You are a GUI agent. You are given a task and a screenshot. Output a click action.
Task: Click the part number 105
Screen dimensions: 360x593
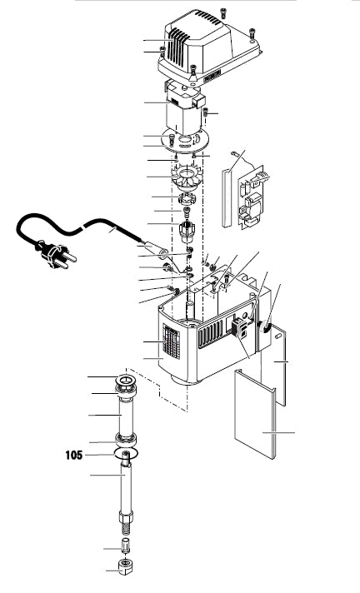(74, 455)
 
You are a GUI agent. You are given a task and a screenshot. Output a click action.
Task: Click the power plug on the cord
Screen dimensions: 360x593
(57, 256)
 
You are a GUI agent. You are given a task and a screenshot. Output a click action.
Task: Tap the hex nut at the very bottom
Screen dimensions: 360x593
(126, 566)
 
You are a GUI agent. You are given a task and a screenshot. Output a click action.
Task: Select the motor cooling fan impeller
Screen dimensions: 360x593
(187, 178)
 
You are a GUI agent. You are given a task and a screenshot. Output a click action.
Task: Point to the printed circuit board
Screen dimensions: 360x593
(251, 197)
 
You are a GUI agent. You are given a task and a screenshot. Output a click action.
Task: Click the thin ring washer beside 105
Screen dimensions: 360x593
(126, 453)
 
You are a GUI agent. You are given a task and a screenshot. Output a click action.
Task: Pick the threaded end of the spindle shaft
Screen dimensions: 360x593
(126, 528)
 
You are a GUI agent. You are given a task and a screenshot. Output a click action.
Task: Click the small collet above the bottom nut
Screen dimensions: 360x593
(126, 545)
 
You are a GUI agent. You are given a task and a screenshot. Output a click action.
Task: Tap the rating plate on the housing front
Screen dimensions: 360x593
(171, 341)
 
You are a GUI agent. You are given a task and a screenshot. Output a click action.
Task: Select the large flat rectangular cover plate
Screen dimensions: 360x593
(255, 414)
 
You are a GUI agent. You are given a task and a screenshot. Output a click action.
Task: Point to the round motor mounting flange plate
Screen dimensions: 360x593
(185, 140)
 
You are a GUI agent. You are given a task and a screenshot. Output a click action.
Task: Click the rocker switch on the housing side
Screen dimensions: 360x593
(238, 326)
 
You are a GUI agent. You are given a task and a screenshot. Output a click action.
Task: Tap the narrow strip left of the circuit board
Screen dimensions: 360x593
(227, 198)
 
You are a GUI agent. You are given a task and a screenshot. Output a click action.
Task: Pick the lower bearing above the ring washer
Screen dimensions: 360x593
(126, 439)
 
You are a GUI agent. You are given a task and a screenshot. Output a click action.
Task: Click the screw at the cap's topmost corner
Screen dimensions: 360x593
(223, 12)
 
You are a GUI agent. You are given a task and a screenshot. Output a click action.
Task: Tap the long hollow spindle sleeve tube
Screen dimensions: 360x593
(126, 416)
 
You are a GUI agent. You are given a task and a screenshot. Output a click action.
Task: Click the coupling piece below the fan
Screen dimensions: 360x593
(186, 197)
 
